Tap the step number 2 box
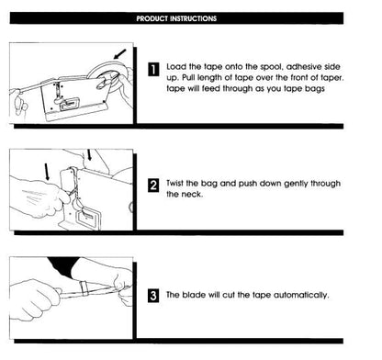click(153, 187)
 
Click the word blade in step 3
click(196, 295)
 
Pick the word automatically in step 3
click(298, 295)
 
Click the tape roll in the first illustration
click(108, 76)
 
